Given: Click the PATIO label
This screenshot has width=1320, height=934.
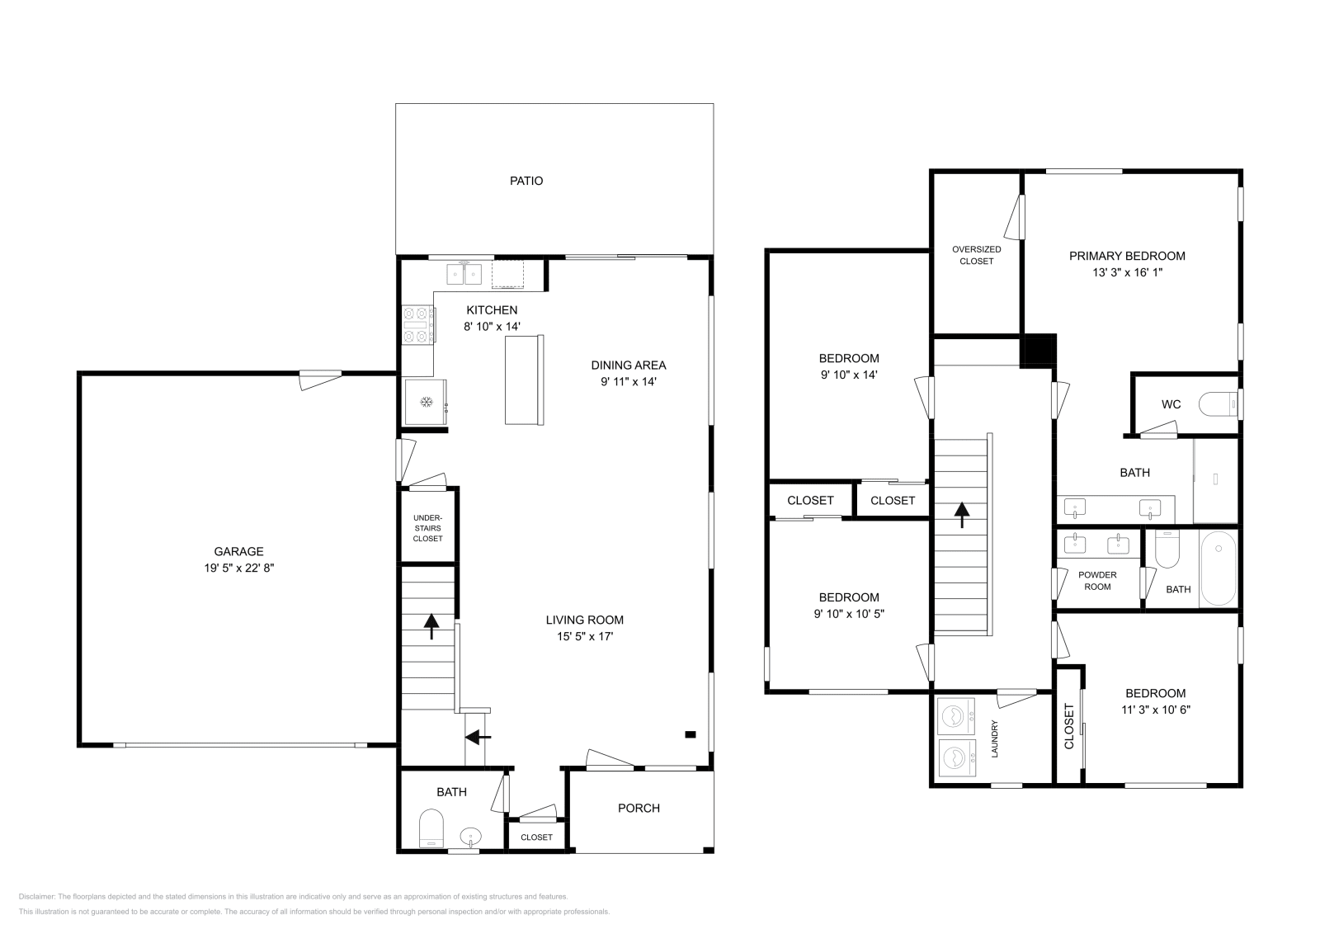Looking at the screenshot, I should click(x=526, y=181).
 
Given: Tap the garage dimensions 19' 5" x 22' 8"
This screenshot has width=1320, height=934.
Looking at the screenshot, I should click(x=238, y=568).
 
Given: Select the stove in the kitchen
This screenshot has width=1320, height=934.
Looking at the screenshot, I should click(x=418, y=324).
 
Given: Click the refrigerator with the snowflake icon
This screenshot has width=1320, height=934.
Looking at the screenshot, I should click(x=427, y=402).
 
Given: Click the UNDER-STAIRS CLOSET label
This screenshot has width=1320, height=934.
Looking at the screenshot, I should click(x=427, y=528).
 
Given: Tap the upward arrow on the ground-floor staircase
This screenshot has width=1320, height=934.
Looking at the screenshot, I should click(x=431, y=626).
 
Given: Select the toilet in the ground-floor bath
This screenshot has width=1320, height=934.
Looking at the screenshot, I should click(x=431, y=828).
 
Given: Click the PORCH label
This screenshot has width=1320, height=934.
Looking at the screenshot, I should click(x=639, y=808).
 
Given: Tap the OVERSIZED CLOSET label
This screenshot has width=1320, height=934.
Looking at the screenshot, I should click(x=976, y=255).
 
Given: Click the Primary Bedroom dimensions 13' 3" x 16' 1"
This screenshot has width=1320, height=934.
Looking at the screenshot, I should click(x=1127, y=271).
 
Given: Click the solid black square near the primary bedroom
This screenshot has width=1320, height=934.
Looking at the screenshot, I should click(x=1039, y=350).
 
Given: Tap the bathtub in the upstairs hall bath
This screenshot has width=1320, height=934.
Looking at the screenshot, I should click(x=1218, y=568).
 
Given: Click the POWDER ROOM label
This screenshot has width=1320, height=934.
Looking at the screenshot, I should click(x=1097, y=580).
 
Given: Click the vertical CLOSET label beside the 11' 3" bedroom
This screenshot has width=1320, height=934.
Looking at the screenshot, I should click(x=1069, y=726).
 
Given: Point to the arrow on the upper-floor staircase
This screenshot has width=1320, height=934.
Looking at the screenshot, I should click(x=961, y=515).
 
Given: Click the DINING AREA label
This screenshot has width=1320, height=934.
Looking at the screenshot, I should click(x=628, y=365).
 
